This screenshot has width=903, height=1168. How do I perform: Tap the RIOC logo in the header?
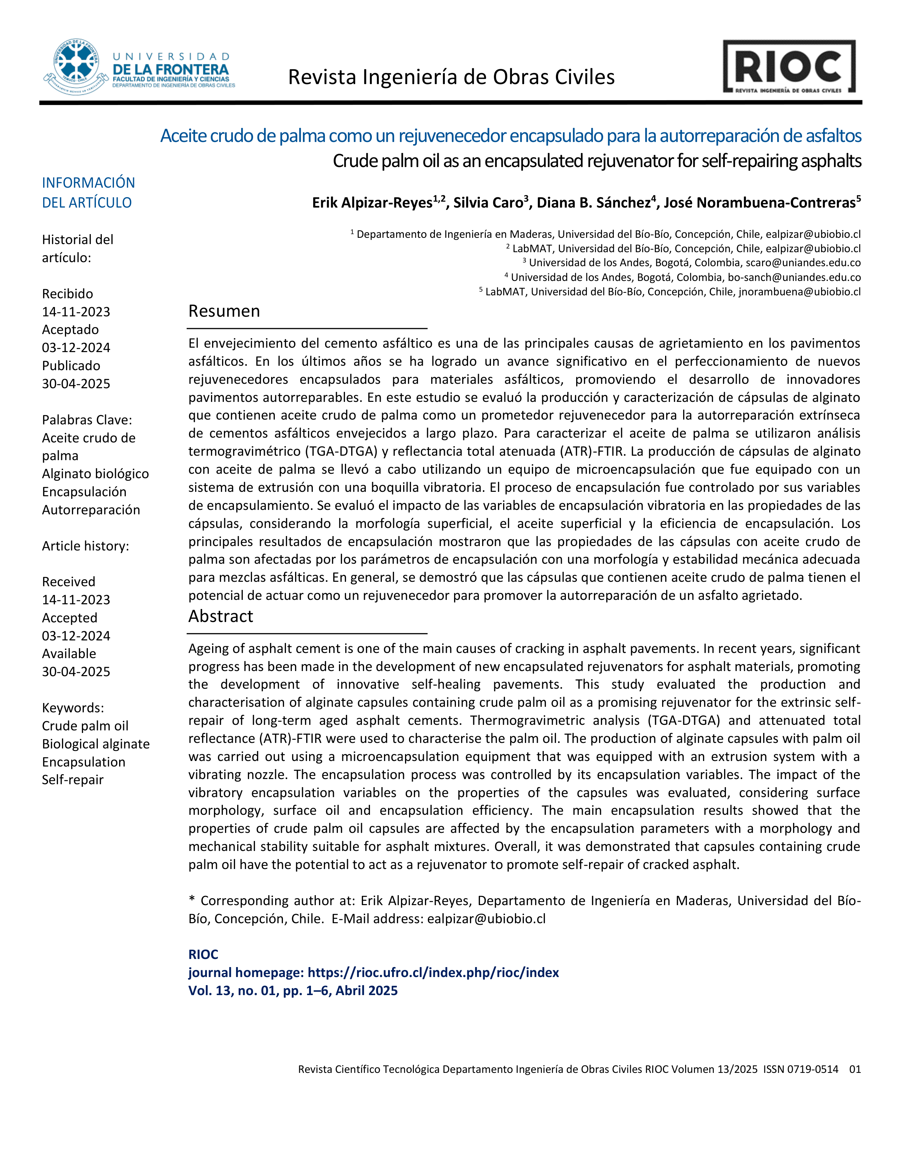(x=789, y=67)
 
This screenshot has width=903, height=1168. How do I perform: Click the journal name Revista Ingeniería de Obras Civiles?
(x=451, y=77)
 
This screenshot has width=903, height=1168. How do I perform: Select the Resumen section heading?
(x=224, y=311)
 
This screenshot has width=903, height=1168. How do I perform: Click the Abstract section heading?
(x=220, y=616)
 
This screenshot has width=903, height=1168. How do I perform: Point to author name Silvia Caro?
(x=488, y=203)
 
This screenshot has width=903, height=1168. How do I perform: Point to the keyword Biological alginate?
(x=96, y=744)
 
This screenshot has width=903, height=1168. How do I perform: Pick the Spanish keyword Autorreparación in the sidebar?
(x=91, y=510)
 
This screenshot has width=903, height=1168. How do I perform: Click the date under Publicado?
(x=76, y=383)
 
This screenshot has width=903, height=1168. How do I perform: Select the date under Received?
(x=76, y=599)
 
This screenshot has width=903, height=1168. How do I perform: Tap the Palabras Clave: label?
(x=87, y=420)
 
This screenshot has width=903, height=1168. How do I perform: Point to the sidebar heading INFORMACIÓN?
(x=88, y=182)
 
